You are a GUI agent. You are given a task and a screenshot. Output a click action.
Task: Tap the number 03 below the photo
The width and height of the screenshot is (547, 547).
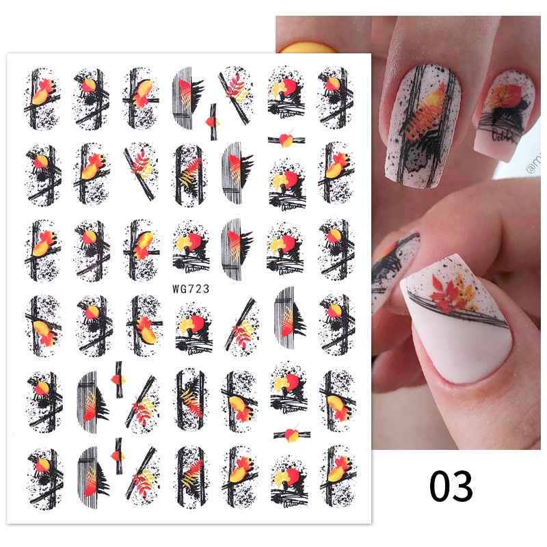pos(451,486)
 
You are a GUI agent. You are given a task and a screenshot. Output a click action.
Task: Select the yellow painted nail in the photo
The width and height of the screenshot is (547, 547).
pos(308,47)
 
